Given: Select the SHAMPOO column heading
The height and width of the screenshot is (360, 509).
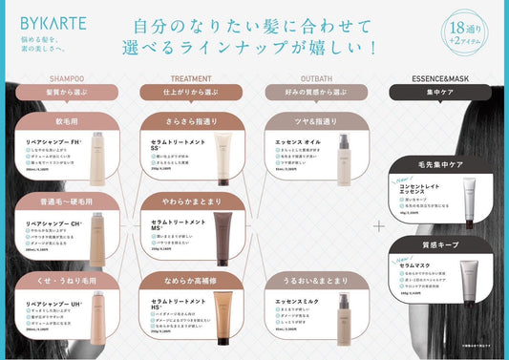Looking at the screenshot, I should [x=66, y=78].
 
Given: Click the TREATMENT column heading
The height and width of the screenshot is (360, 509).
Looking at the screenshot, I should [x=191, y=78].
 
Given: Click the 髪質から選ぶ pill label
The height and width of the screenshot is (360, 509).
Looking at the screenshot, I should [x=66, y=92].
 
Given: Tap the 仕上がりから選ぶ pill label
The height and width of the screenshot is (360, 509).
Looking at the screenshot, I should [x=191, y=92].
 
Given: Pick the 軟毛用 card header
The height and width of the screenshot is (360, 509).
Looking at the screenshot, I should [x=66, y=123].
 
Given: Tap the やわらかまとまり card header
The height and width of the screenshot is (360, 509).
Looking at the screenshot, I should [x=191, y=201].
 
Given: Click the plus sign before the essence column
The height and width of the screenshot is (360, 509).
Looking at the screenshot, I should [x=378, y=226].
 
